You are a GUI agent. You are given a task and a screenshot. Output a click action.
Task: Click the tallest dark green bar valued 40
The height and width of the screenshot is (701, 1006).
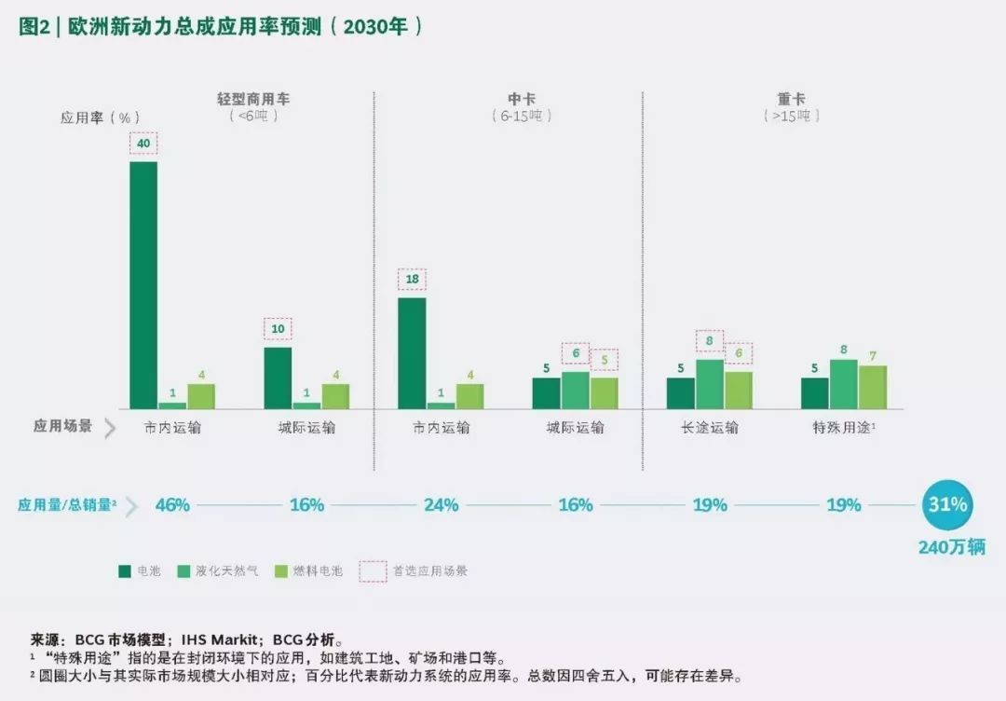pos(143,284)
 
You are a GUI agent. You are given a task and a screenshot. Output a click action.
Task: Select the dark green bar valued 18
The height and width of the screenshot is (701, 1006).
pos(412,352)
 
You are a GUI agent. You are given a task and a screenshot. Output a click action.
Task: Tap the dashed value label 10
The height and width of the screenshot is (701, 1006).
pos(278,328)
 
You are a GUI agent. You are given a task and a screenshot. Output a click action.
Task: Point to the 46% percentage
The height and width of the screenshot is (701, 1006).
pos(172,505)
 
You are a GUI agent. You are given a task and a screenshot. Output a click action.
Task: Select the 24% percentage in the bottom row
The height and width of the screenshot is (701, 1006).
pos(442,505)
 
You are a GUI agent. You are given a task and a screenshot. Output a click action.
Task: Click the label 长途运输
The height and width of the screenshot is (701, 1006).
pos(710,428)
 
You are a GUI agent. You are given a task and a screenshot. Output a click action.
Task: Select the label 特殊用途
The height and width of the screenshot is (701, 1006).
pos(842,428)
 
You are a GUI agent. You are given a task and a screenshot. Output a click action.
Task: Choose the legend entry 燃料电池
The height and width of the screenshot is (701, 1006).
pos(318,570)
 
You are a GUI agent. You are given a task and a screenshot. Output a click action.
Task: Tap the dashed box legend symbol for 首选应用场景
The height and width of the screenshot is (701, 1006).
pos(373,570)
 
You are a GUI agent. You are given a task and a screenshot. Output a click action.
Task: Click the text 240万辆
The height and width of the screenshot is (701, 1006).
pos(951,547)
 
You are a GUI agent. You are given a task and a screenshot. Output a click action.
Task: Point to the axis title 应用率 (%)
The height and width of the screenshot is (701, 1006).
pos(100,117)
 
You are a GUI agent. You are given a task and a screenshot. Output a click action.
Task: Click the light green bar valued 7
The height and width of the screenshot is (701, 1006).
pos(872,387)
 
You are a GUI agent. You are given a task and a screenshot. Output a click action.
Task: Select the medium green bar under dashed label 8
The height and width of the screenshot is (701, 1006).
pos(710,383)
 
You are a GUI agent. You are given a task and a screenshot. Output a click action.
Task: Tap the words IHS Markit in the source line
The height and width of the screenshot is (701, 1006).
pos(224,640)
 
